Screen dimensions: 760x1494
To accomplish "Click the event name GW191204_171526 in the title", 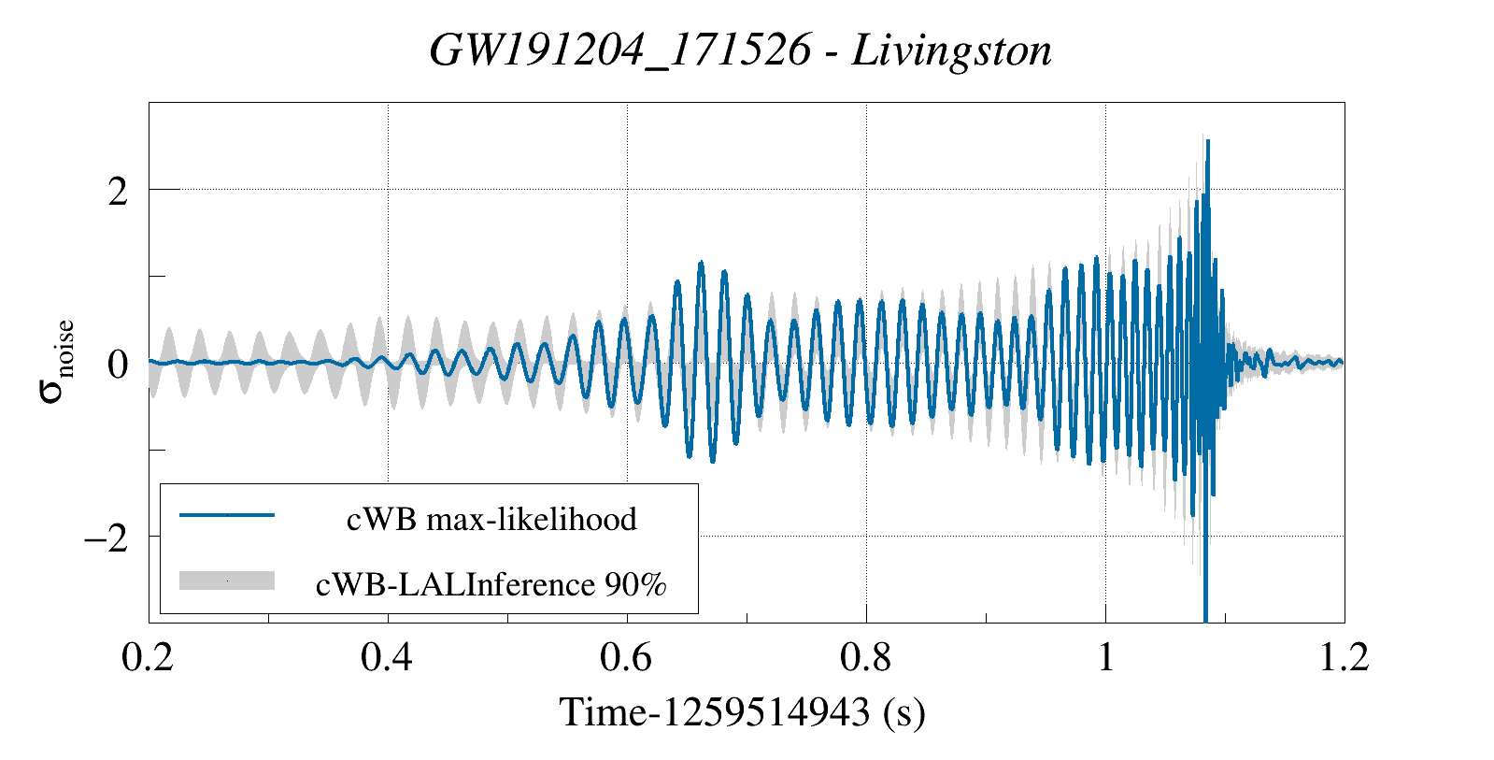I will pyautogui.click(x=619, y=50).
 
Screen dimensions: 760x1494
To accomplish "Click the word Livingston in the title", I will pyautogui.click(x=952, y=50).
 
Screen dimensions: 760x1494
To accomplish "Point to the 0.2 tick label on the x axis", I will pyautogui.click(x=148, y=657).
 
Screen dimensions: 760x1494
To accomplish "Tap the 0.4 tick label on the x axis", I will pyautogui.click(x=387, y=657).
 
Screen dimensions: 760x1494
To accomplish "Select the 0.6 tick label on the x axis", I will pyautogui.click(x=626, y=657).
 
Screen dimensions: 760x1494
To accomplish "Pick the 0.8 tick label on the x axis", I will pyautogui.click(x=865, y=657).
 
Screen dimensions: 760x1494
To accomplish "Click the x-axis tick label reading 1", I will pyautogui.click(x=1106, y=657).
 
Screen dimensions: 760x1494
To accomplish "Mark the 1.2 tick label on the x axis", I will pyautogui.click(x=1344, y=657).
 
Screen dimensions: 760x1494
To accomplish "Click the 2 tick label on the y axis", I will pyautogui.click(x=118, y=192).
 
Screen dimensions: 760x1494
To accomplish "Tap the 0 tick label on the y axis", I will pyautogui.click(x=118, y=365).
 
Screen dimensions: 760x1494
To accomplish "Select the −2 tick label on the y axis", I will pyautogui.click(x=105, y=538).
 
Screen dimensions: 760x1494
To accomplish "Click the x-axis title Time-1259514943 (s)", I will pyautogui.click(x=742, y=712).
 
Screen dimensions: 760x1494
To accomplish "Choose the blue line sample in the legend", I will pyautogui.click(x=227, y=515).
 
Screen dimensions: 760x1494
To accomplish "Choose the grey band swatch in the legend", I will pyautogui.click(x=227, y=581).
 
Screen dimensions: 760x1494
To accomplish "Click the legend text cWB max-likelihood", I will pyautogui.click(x=491, y=519).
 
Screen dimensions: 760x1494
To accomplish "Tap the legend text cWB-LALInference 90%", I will pyautogui.click(x=491, y=584).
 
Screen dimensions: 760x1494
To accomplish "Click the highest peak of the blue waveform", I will pyautogui.click(x=1207, y=141).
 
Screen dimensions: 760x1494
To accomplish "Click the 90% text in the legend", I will pyautogui.click(x=635, y=584).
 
